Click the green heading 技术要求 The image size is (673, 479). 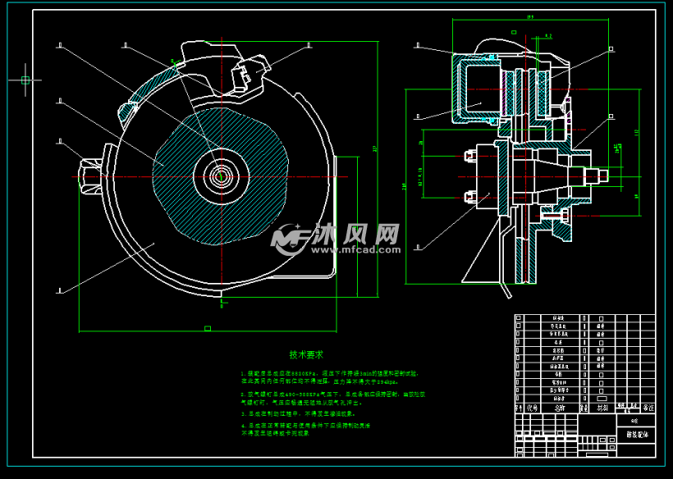pyautogui.click(x=306, y=355)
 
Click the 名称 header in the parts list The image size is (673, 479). pyautogui.click(x=560, y=406)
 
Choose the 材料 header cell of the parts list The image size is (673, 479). pyautogui.click(x=603, y=406)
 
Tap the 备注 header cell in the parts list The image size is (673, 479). pyautogui.click(x=648, y=406)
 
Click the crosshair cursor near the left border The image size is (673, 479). pyautogui.click(x=25, y=80)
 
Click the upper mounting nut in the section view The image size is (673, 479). pyautogui.click(x=471, y=155)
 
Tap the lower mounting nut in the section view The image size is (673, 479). pyautogui.click(x=471, y=196)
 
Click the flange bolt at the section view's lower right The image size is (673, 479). pyautogui.click(x=563, y=215)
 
